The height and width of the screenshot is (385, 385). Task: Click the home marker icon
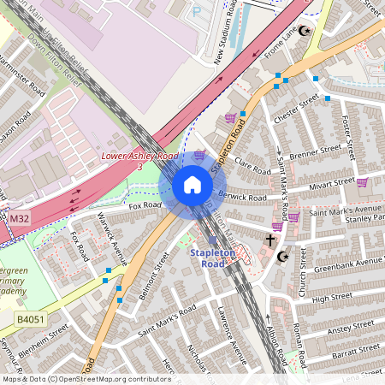coord(192,185)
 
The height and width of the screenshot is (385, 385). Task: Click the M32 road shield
coord(18,219)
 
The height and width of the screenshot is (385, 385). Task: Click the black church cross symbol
coord(270,240)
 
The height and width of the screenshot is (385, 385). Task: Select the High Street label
coord(333,297)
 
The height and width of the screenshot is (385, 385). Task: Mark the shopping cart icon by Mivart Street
coord(362,181)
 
